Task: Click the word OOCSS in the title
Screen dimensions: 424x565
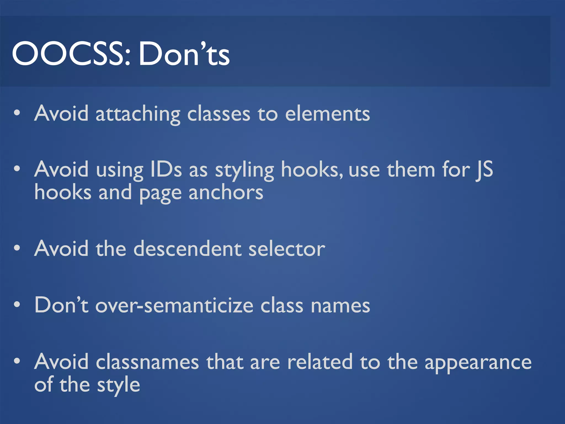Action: (71, 54)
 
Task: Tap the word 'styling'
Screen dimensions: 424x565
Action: (244, 171)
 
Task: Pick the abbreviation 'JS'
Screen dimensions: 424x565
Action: (484, 169)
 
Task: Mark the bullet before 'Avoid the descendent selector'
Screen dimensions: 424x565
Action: (17, 248)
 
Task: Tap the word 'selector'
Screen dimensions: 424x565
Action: (287, 249)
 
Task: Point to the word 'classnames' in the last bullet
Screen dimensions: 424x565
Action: (147, 362)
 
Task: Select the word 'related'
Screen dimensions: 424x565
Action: (320, 362)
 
